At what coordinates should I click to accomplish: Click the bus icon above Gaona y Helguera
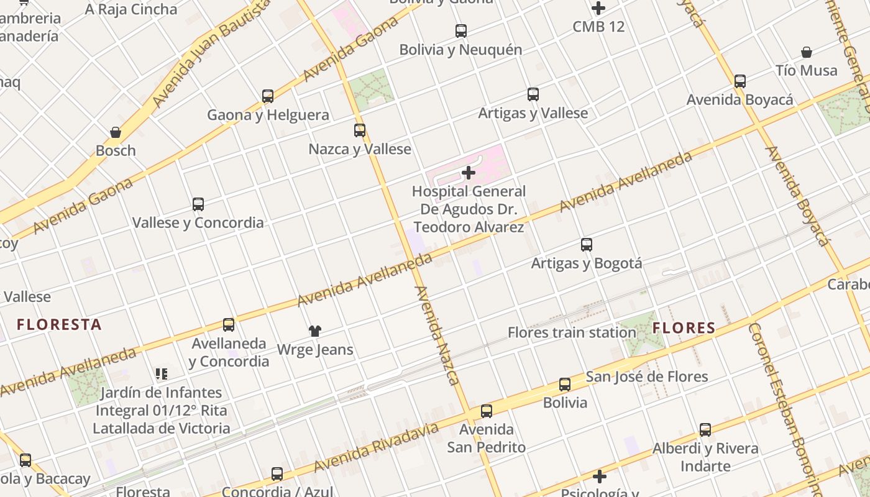[268, 96]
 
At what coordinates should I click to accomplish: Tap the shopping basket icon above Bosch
[116, 132]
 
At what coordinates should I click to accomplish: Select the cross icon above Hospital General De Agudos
[469, 173]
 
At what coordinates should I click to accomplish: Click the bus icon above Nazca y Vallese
[360, 130]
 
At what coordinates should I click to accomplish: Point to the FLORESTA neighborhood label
[59, 324]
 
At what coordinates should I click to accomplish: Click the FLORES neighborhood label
[684, 328]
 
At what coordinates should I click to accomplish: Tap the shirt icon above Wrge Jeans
[315, 331]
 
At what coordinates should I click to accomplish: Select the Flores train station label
[572, 332]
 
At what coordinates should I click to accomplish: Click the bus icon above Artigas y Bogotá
[587, 245]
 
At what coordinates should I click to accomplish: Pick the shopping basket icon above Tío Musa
[807, 52]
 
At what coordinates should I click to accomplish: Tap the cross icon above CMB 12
[598, 9]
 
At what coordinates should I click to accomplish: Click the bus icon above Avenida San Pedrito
[487, 411]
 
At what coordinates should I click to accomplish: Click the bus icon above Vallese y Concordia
[198, 204]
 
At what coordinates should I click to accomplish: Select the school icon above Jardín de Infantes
[162, 374]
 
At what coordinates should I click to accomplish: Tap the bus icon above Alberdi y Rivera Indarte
[705, 430]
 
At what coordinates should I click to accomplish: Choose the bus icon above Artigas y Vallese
[533, 94]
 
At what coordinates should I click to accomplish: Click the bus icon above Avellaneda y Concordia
[229, 325]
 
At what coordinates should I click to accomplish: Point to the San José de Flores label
[647, 376]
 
